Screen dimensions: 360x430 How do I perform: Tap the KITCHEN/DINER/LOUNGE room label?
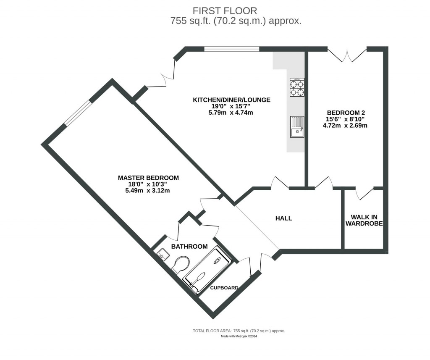tap(231, 100)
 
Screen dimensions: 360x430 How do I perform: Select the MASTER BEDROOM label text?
tap(148, 178)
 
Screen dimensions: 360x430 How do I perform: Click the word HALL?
tap(283, 218)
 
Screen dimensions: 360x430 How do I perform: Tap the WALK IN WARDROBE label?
tap(364, 221)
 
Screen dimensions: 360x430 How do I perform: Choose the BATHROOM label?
tap(189, 247)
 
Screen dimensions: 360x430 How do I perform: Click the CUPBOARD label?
tap(224, 288)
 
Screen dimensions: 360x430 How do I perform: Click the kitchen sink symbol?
tap(296, 127)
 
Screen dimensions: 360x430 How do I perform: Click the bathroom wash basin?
tap(163, 254)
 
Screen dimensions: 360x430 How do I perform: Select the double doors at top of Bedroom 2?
tap(347, 55)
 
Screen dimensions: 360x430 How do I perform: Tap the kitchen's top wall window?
tap(231, 49)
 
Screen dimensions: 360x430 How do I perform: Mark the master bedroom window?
tap(77, 113)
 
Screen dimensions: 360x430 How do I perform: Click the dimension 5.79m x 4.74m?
tap(231, 113)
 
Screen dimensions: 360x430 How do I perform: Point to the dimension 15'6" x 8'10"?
tap(347, 119)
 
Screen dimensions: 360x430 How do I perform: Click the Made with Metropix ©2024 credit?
tap(239, 336)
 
